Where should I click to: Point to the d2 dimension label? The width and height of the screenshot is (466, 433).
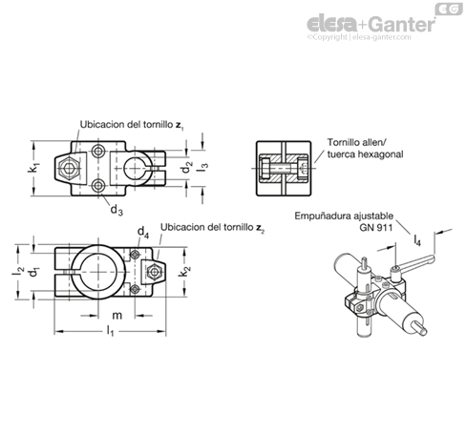(187, 167)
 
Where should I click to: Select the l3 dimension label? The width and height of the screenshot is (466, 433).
(203, 168)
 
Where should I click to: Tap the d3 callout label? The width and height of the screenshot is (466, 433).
(116, 210)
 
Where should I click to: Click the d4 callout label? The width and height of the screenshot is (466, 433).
(143, 232)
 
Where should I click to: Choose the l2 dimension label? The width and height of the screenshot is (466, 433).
(18, 270)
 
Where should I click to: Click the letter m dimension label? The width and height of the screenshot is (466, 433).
(116, 316)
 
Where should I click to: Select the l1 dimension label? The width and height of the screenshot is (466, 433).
(110, 331)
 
